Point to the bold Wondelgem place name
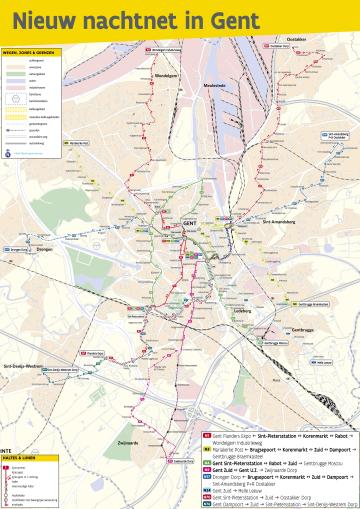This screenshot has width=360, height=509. pos(165,75)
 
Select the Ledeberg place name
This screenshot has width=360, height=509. pos(241,311)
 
